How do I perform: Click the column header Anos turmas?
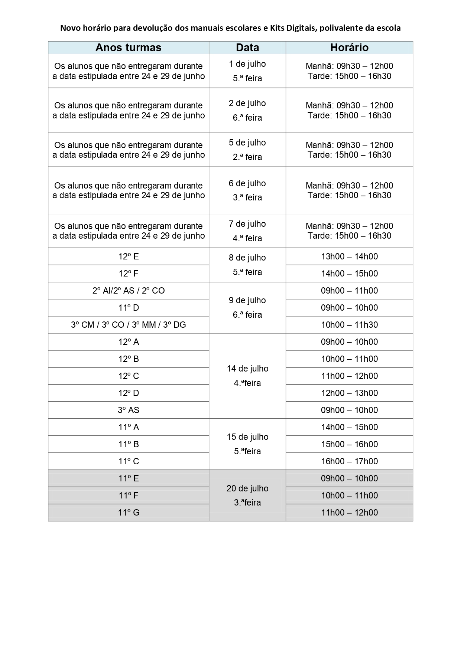[x=128, y=48]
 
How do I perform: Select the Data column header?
[x=247, y=48]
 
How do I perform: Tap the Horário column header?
[x=349, y=48]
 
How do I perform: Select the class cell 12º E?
[x=129, y=256]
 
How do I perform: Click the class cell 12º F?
[x=129, y=274]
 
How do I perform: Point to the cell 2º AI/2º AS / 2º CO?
[x=129, y=291]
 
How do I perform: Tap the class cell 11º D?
[x=129, y=308]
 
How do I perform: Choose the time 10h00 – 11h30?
[x=349, y=325]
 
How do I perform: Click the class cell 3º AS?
[x=129, y=410]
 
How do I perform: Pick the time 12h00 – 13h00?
[x=349, y=393]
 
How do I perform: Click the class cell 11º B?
[x=129, y=444]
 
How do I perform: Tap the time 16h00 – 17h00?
[x=349, y=461]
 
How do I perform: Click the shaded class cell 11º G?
[x=129, y=513]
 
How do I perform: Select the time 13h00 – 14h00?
[x=349, y=256]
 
